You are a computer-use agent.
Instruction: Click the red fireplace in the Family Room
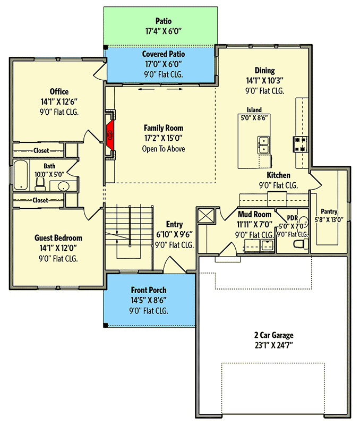coord(110,135)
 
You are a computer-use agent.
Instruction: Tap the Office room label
coord(59,91)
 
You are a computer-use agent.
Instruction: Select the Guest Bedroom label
coord(58,238)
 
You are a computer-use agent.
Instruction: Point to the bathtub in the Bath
coord(21,175)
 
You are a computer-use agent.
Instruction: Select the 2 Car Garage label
coord(273,335)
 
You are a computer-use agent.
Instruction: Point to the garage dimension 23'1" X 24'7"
coord(273,346)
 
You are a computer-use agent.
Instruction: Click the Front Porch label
coord(149,290)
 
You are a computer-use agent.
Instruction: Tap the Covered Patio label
coord(163,54)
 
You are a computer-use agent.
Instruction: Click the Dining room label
coord(264,70)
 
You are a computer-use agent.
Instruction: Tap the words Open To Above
coord(163,149)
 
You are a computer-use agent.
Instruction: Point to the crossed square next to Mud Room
coord(206,217)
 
